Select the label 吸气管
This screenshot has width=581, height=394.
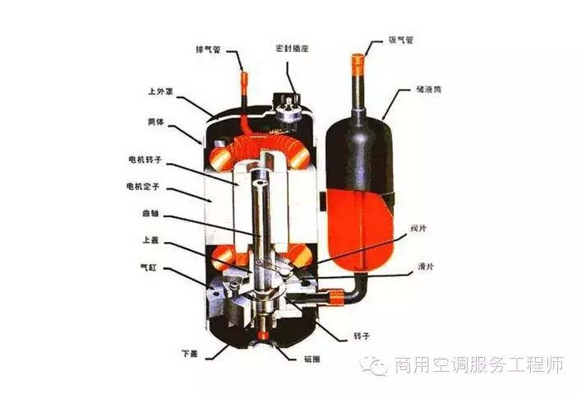pyautogui.click(x=400, y=38)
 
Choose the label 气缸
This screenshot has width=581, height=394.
pyautogui.click(x=148, y=268)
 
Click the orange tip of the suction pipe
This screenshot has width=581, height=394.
pyautogui.click(x=357, y=59)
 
